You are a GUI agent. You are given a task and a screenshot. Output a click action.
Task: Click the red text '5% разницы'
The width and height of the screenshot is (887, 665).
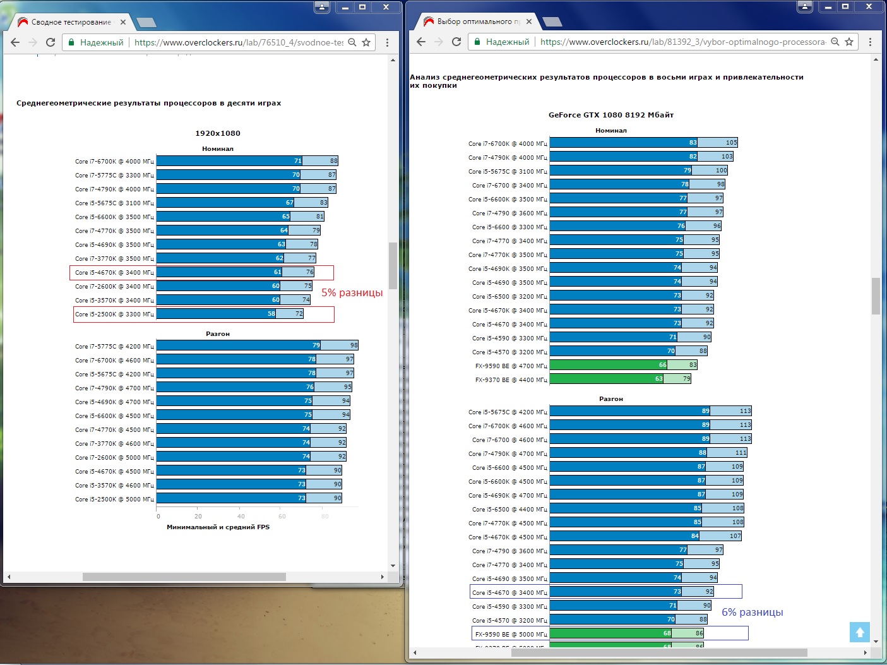352,293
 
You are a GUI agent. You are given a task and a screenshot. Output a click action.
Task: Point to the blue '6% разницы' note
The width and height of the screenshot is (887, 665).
752,613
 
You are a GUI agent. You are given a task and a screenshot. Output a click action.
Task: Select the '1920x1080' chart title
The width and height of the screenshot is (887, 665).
218,134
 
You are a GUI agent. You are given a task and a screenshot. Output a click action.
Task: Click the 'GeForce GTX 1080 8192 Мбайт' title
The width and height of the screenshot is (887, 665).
610,116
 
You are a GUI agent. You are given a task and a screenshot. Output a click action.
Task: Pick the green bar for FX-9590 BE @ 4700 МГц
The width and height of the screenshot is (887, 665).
608,365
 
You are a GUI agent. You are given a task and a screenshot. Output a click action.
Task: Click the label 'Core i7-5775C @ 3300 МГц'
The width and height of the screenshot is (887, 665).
114,176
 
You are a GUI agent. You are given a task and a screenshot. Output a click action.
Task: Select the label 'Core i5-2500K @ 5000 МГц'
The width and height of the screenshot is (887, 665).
114,500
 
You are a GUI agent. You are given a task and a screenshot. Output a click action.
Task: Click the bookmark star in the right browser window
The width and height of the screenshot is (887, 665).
849,42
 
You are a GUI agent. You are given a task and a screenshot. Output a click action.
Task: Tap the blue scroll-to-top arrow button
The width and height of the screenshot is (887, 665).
859,632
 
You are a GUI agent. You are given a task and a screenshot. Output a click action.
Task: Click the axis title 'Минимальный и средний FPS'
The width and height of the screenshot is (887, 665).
218,527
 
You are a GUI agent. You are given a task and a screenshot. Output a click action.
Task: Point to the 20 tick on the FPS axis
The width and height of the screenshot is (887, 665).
198,517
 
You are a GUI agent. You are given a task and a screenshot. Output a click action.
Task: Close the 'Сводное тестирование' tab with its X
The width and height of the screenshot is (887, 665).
123,22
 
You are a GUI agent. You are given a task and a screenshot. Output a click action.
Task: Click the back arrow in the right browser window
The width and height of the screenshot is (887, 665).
421,42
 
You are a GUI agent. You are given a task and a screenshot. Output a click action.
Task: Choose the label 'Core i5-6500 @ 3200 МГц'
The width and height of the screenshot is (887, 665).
508,297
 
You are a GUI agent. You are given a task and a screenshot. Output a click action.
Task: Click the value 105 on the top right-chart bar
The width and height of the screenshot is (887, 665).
731,143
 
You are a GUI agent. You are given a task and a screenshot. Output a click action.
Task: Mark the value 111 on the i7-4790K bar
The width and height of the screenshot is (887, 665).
741,453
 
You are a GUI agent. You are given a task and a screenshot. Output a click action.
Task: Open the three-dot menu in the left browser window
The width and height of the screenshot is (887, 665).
387,42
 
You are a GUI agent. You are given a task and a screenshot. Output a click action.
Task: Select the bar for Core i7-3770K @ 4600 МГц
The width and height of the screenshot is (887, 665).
234,443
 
